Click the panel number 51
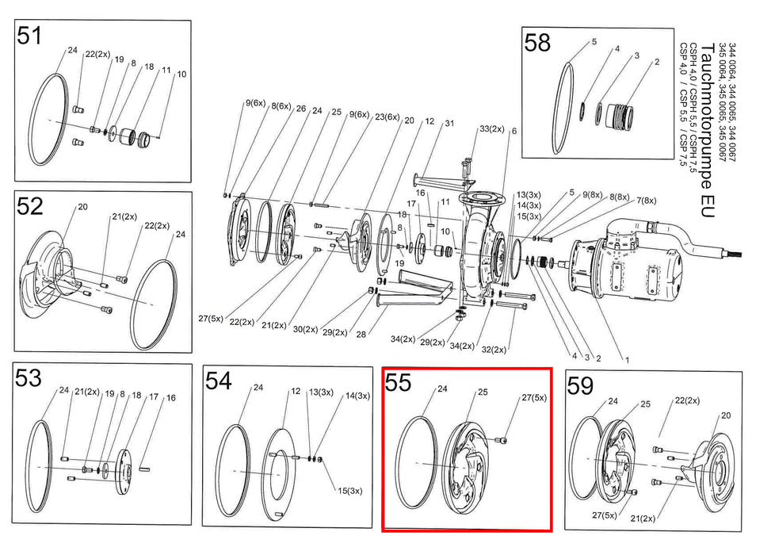pos(30,37)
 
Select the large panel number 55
pos(399,383)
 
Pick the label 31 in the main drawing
pos(449,123)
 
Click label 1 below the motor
pos(626,359)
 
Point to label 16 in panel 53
pos(170,397)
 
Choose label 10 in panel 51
pos(181,75)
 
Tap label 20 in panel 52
pos(82,207)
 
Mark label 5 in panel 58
pos(594,40)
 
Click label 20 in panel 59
pos(725,415)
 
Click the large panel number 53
pos(29,379)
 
